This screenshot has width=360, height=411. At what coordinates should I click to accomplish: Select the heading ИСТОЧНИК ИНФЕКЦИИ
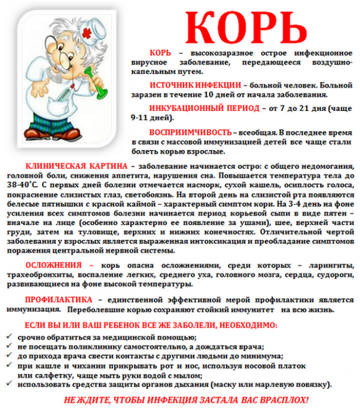coord(195,85)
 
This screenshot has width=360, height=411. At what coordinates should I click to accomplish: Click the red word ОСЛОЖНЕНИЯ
coord(53,265)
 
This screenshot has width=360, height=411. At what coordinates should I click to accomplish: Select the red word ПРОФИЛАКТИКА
coord(59,300)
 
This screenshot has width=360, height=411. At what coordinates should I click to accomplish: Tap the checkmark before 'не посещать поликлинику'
coord(10,346)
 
